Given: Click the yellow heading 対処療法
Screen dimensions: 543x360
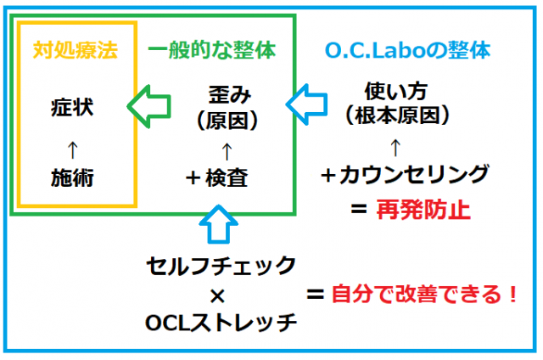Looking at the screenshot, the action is pos(76,50).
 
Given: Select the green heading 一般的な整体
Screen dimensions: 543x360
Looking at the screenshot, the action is pos(212,50).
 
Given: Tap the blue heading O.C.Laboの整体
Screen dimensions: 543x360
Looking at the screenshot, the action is pos(408,50).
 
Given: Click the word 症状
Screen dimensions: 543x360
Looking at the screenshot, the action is pos(72,107).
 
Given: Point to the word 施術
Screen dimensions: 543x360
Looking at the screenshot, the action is pos(72,177).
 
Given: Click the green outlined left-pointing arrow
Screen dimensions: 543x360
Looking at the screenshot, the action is pos(149,106).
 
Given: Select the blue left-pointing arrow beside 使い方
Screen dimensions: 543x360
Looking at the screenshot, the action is pos(306,104).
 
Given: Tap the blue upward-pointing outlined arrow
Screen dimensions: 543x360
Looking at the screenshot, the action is pos(219,224).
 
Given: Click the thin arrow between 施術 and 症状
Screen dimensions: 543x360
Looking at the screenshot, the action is pos(72,150).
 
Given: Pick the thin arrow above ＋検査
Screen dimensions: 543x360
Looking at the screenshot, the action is pos(227,151).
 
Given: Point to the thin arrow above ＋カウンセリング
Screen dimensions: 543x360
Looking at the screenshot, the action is pos(395,148).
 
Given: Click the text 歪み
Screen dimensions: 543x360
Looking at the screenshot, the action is pos(230,94).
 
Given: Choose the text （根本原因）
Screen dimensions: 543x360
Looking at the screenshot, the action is pos(397,115).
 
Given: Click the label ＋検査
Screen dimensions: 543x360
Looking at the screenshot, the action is pos(217,177).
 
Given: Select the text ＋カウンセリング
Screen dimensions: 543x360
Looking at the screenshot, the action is pos(405,174).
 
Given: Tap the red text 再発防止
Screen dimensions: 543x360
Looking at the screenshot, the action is pos(423,210).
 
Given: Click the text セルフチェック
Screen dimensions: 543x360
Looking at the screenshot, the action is pos(221,266).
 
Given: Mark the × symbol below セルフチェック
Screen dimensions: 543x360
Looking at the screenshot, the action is pos(217,296).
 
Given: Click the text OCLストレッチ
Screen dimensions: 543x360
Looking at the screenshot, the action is pos(221,323).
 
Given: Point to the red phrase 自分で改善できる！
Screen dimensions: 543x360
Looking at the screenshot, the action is pos(425,294).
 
